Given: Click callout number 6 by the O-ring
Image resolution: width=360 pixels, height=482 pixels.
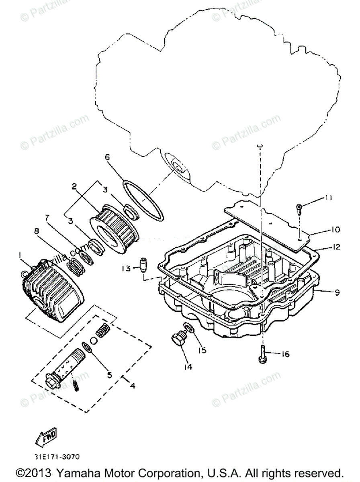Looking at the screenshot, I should click(x=107, y=157).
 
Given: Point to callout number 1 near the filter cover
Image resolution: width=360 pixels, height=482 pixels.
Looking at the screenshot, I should click(x=19, y=255).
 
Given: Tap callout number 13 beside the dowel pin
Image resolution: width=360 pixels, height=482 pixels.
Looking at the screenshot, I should click(x=126, y=268).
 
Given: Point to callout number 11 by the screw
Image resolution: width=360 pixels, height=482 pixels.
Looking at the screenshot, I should click(x=329, y=198).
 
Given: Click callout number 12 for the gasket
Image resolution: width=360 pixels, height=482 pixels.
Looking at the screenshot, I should click(x=337, y=246).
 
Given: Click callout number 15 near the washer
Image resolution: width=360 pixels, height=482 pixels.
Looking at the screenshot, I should click(x=202, y=350).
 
